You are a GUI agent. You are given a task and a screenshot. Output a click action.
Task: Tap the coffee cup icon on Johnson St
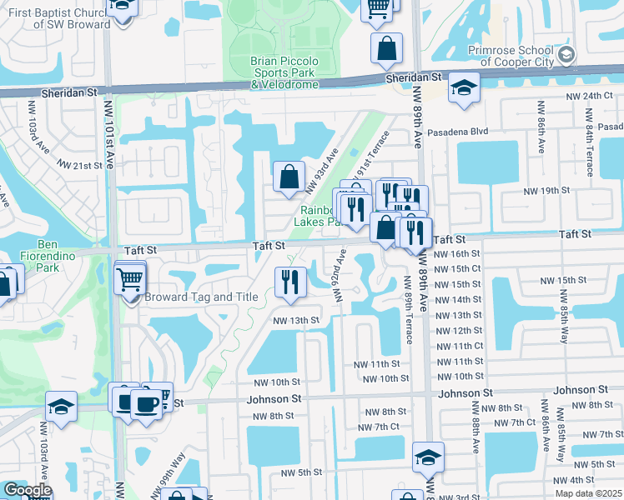(x=147, y=403)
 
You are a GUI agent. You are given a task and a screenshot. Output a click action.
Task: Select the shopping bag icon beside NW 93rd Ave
(x=289, y=176)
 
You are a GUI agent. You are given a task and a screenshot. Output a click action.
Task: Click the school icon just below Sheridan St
(x=463, y=87)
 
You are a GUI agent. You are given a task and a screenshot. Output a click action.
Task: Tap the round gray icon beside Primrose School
(x=567, y=55)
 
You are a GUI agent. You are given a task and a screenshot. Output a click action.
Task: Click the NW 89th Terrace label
(x=407, y=308)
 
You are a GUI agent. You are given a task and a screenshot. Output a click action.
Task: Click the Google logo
(x=28, y=490)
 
